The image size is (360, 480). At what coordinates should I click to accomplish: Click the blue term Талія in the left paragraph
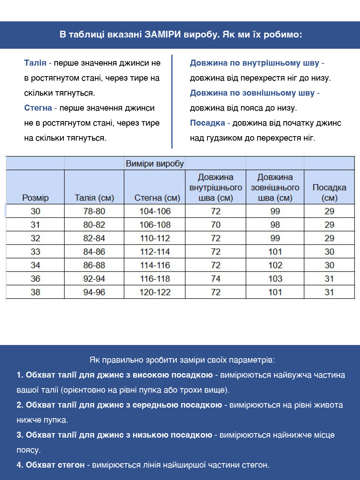click(35, 63)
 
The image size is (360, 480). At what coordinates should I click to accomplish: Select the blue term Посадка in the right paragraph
click(207, 123)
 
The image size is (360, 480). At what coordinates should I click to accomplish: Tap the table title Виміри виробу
click(155, 163)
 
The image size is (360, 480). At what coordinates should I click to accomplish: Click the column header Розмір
click(35, 198)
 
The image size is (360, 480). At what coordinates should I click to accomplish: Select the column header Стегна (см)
click(157, 198)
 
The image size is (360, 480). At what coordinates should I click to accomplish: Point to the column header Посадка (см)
click(329, 192)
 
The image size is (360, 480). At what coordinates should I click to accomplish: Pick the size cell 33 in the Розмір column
click(35, 252)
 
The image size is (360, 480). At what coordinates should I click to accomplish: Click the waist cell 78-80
click(94, 211)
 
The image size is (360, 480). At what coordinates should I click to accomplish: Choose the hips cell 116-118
click(155, 279)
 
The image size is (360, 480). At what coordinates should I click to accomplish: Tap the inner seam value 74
click(216, 279)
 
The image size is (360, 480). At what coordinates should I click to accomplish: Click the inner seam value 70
click(216, 225)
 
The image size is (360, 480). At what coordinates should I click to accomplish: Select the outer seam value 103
click(275, 279)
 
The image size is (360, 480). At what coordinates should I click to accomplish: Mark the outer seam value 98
click(275, 225)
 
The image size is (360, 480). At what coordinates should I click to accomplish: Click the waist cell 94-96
click(94, 292)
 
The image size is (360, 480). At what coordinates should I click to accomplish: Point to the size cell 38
click(35, 292)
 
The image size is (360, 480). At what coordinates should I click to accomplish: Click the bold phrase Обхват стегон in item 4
click(55, 465)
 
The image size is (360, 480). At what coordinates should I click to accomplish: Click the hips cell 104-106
click(155, 211)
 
